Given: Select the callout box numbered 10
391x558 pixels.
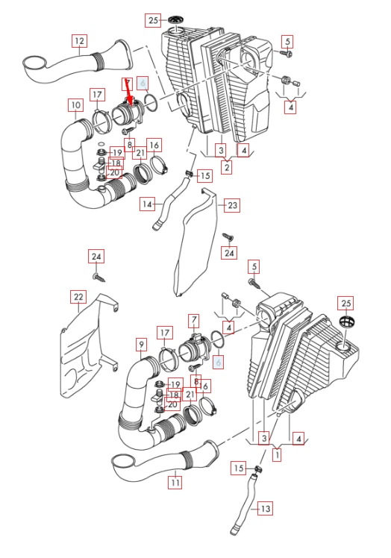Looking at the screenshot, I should (75, 105).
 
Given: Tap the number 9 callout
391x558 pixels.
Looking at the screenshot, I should (141, 344).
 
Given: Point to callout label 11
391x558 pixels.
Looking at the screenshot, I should (175, 483).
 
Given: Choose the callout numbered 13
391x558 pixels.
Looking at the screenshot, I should (265, 509).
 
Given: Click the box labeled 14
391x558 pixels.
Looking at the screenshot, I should (148, 203).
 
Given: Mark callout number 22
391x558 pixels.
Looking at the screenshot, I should (78, 297).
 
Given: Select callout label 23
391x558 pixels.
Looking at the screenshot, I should (232, 204).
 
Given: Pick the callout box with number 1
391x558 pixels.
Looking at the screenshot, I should (278, 453).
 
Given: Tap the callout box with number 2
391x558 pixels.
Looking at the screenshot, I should (225, 167).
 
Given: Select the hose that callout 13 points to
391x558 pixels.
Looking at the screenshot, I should (244, 507).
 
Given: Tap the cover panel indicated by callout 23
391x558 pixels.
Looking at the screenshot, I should (193, 246).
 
